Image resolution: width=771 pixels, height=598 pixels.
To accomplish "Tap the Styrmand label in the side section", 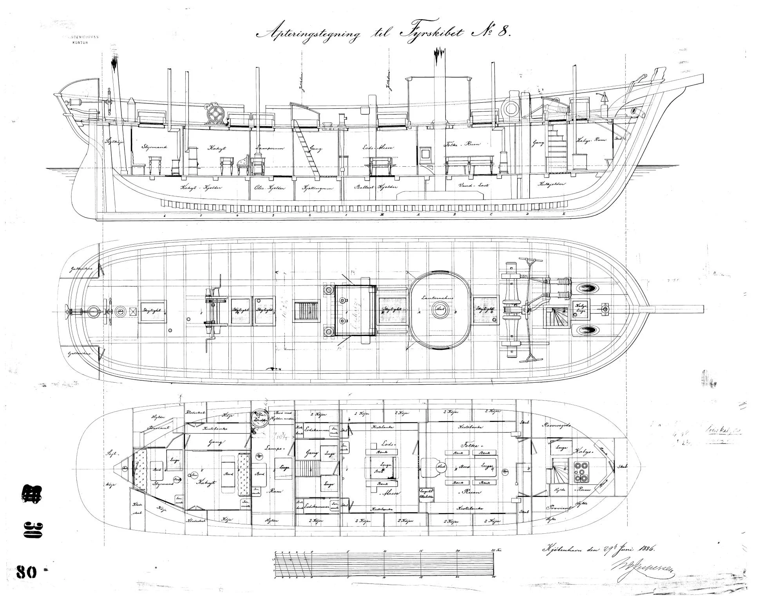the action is click(155, 147).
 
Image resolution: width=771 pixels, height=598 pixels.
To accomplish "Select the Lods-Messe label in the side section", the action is click(378, 148).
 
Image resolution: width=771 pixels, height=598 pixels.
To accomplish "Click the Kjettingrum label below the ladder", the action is click(317, 188).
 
